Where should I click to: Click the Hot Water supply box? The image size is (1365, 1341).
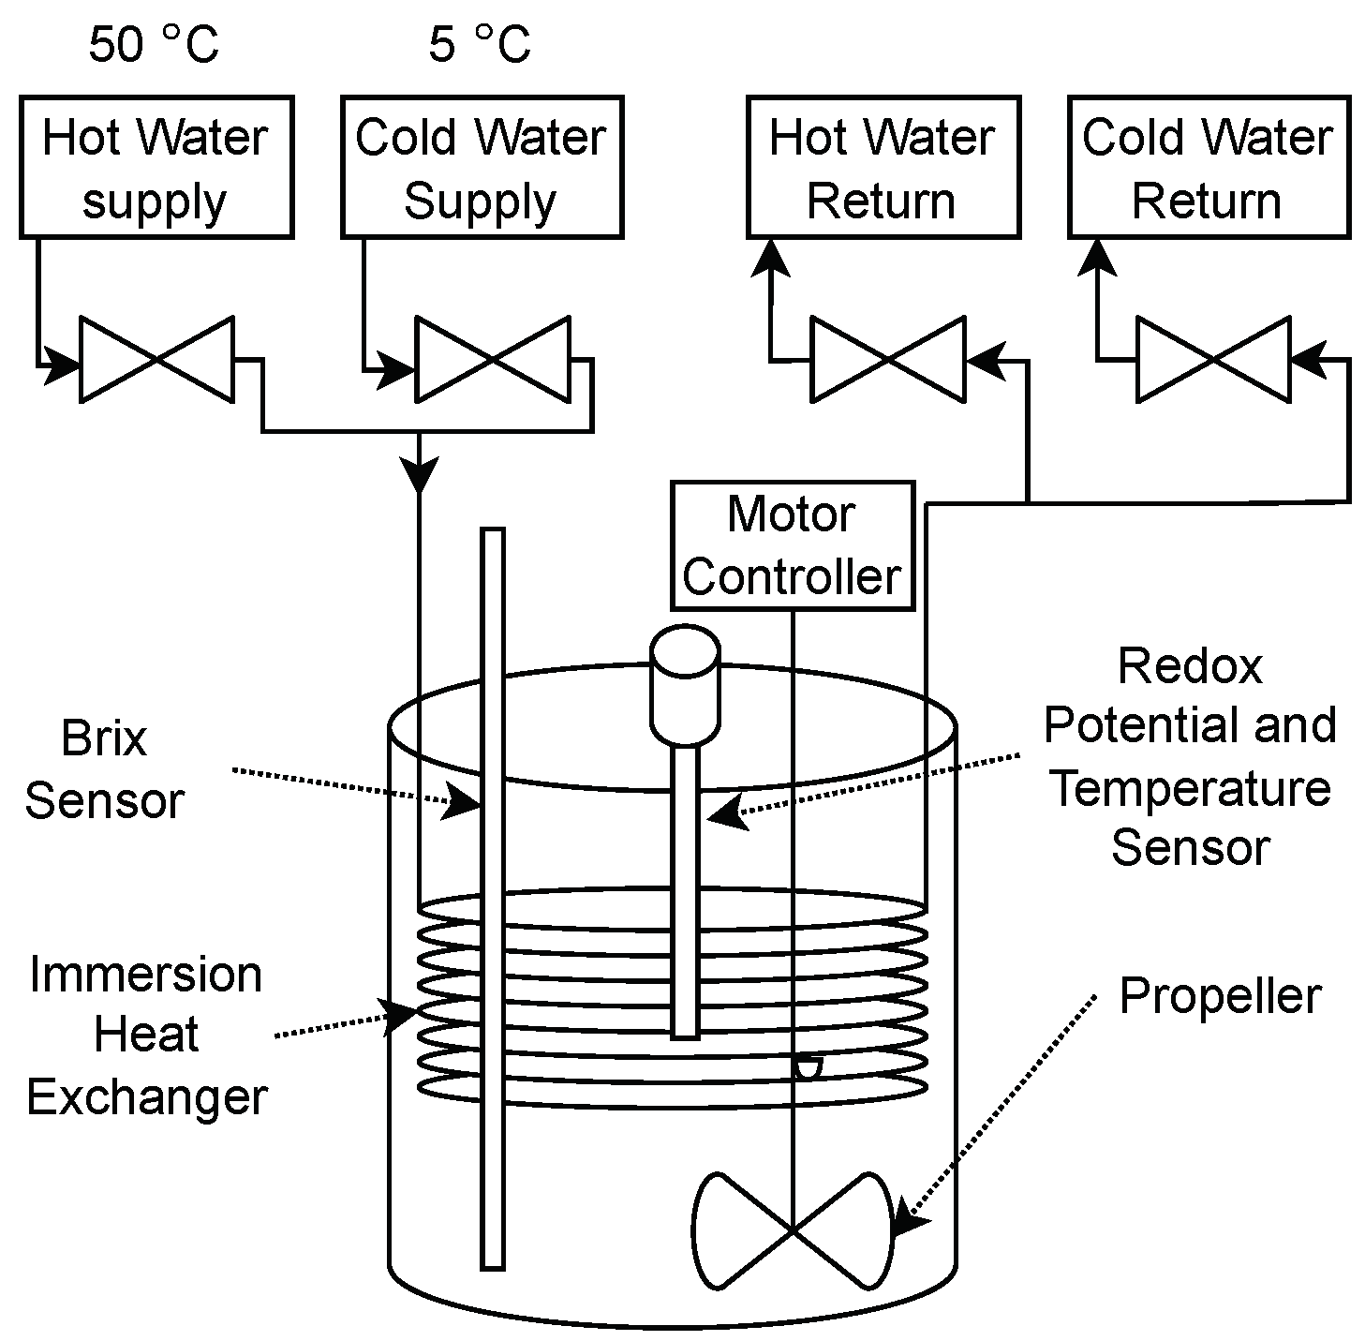pos(156,167)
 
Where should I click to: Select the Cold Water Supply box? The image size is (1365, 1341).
pos(481,167)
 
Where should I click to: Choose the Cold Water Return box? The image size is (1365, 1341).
pos(1208,167)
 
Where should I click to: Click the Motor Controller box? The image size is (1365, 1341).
pos(792,545)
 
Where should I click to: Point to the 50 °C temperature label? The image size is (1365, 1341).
pos(154,44)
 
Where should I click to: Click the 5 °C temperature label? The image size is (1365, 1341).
pos(479,44)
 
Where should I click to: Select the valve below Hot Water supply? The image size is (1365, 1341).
pos(156,360)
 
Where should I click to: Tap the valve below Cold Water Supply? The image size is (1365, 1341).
pos(492,360)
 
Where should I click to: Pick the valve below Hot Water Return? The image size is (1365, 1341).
pos(886,360)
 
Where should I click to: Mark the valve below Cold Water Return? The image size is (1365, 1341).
pos(1212,360)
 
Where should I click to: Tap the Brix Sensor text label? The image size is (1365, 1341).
pos(104,770)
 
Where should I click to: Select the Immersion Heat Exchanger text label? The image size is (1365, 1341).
pos(146,1036)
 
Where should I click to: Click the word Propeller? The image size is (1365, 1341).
pos(1220,995)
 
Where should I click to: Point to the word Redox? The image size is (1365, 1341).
pos(1190,666)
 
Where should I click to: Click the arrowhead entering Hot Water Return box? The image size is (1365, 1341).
pos(771,257)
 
